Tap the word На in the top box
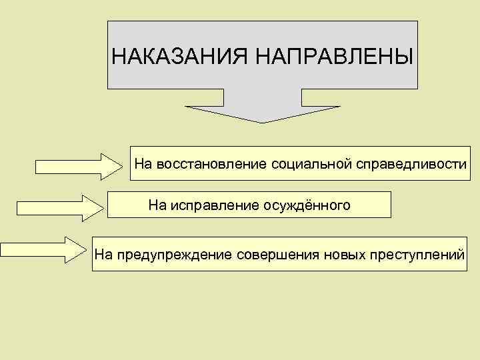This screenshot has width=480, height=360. tap(143, 163)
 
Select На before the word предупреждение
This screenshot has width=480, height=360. tap(103, 254)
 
